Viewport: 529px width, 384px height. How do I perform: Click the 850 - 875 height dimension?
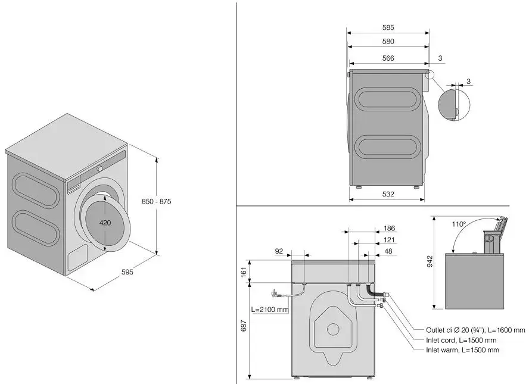click(x=157, y=202)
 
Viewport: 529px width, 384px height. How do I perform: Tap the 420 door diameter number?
click(x=105, y=223)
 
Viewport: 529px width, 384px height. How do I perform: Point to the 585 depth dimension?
click(x=388, y=27)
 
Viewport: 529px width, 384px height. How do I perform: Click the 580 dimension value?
click(x=388, y=42)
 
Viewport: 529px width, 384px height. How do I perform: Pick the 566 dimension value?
click(x=388, y=58)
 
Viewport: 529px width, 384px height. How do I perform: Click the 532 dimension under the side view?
click(x=388, y=194)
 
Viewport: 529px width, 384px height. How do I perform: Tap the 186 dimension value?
click(x=389, y=228)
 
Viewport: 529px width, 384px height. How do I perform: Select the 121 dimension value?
click(x=389, y=239)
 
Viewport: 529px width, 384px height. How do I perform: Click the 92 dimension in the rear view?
click(x=279, y=251)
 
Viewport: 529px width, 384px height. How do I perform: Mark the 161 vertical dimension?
click(x=244, y=271)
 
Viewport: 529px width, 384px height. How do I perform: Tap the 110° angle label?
click(x=458, y=224)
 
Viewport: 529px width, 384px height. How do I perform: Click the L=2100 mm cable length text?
click(x=270, y=310)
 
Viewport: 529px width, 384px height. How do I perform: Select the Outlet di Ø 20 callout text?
click(x=475, y=330)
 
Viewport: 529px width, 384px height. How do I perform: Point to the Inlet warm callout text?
click(x=462, y=350)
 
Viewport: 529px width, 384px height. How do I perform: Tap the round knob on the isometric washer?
click(x=101, y=168)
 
